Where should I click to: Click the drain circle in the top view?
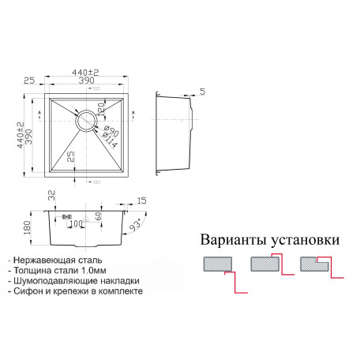(x=77, y=121)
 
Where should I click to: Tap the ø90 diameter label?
(x=111, y=130)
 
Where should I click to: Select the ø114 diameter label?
(x=109, y=140)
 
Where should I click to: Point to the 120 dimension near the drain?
(x=101, y=108)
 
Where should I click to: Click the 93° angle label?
(x=136, y=225)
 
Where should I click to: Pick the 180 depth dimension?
(x=27, y=228)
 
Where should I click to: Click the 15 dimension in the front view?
(x=141, y=201)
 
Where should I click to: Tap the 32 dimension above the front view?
(x=52, y=195)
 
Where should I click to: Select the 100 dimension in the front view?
(x=77, y=223)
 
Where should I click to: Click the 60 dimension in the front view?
(x=98, y=216)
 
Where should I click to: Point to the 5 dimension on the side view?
(x=202, y=92)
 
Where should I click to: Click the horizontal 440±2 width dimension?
(x=85, y=73)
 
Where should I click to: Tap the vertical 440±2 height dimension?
(x=21, y=135)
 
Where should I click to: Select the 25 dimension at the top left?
(x=29, y=81)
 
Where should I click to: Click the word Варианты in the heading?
(x=234, y=240)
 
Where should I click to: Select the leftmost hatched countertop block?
(x=218, y=264)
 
